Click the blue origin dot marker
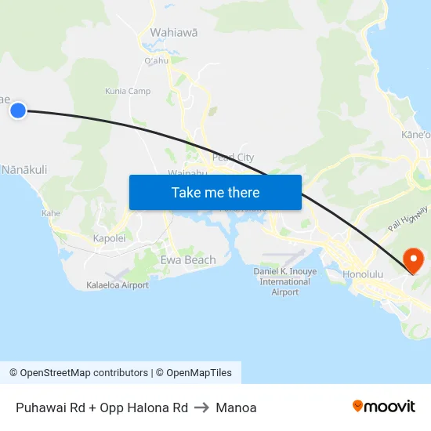tap(17, 110)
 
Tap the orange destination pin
tap(411, 259)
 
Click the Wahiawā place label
tap(173, 33)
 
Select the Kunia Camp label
tap(129, 92)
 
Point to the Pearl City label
tap(233, 158)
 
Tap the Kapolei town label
tap(109, 238)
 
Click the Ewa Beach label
tap(188, 260)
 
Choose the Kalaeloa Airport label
tap(118, 285)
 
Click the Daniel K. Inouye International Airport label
tap(285, 281)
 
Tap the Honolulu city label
tap(363, 274)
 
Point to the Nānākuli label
tap(25, 169)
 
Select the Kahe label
tap(51, 213)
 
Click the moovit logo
tap(384, 406)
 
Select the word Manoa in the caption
tap(236, 407)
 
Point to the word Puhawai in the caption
tap(38, 407)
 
